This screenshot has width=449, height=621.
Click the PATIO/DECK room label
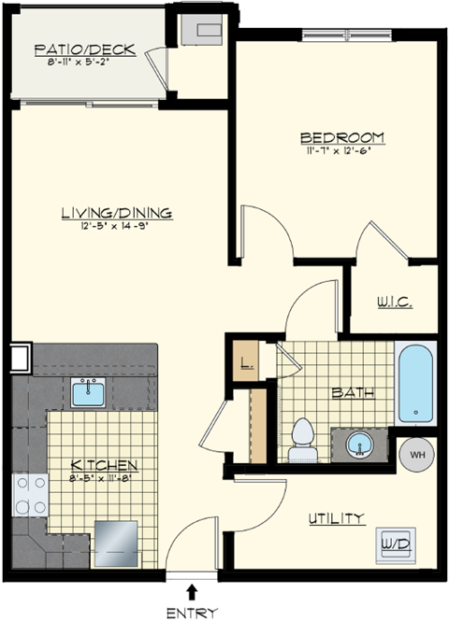point(85,49)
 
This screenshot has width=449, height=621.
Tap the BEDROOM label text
point(344,137)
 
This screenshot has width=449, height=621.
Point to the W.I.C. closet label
point(394,303)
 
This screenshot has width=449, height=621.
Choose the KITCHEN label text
point(106,464)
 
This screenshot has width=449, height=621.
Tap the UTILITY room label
point(337,518)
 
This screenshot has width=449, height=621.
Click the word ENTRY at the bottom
point(193,612)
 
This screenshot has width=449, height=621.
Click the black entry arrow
point(193,590)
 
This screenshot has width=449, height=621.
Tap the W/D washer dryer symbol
point(394,541)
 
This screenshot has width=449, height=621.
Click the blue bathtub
point(415,385)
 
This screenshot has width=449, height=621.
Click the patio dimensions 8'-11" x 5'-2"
point(85,64)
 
